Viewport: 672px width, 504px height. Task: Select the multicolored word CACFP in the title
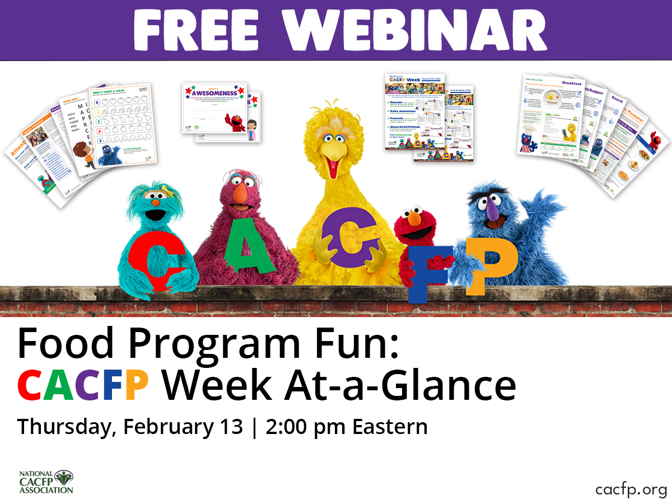click(x=83, y=385)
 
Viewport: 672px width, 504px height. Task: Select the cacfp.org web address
click(x=631, y=490)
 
